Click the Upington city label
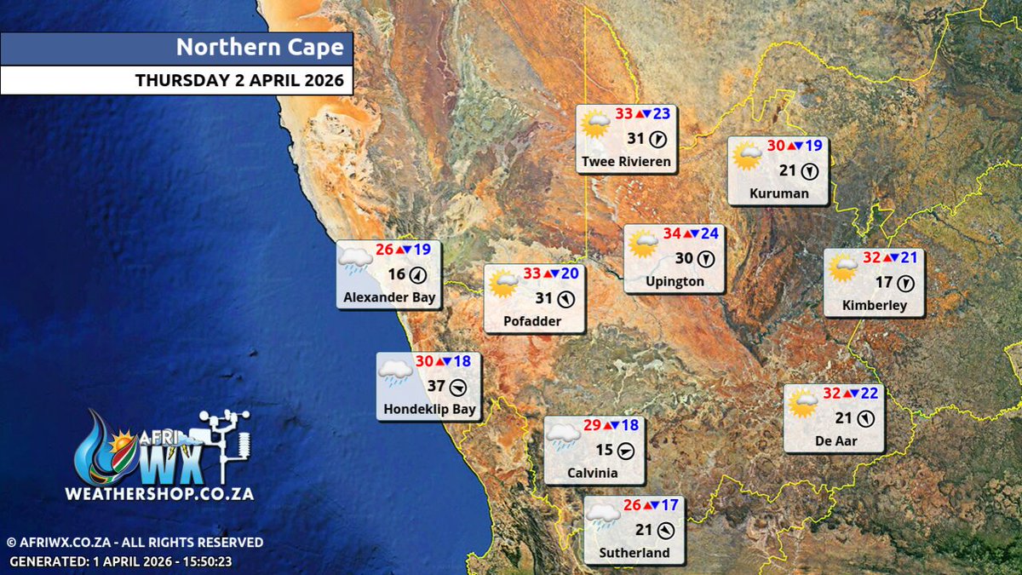(x=675, y=281)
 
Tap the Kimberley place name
(x=875, y=305)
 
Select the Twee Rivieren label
(x=627, y=161)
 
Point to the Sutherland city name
(x=634, y=553)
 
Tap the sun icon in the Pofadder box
(x=503, y=283)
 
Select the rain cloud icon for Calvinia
(x=563, y=435)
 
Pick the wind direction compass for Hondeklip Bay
(x=459, y=387)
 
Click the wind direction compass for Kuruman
(x=810, y=171)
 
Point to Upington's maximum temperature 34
(x=672, y=233)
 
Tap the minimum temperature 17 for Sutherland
(x=669, y=505)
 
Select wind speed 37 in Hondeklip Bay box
(x=437, y=386)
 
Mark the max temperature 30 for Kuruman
(x=776, y=146)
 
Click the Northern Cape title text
(x=260, y=48)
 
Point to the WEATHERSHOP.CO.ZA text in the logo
(x=159, y=493)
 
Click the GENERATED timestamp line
(x=121, y=561)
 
